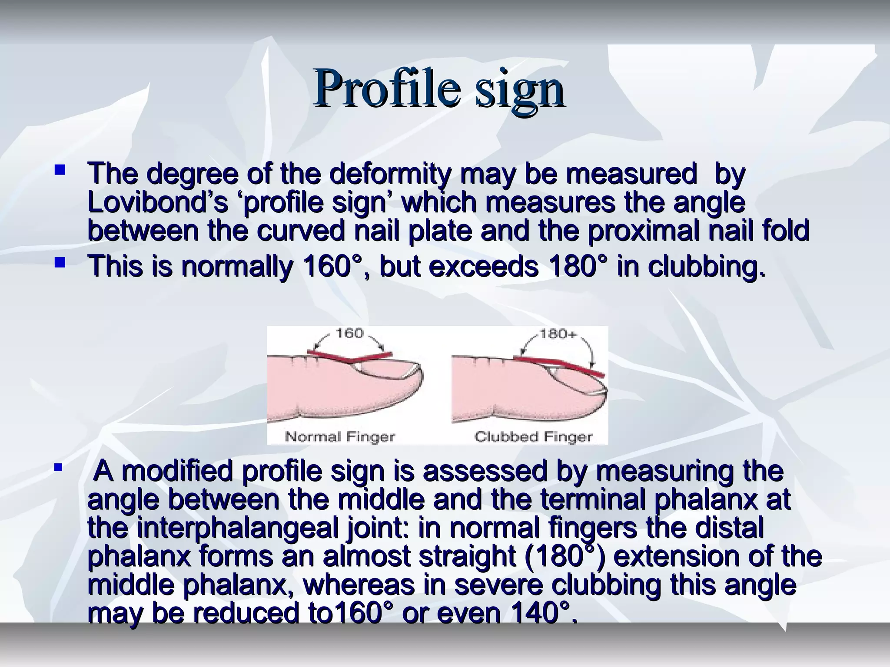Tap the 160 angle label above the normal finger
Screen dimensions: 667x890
click(x=349, y=333)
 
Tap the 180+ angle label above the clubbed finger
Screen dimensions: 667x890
click(x=558, y=334)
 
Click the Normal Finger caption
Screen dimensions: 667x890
click(x=339, y=436)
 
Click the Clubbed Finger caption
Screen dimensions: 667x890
click(x=533, y=436)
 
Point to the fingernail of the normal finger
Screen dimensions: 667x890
click(x=382, y=369)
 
